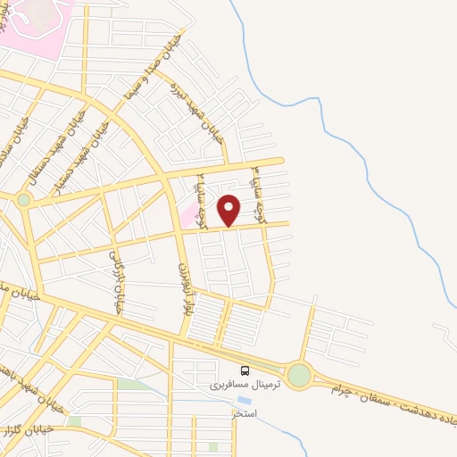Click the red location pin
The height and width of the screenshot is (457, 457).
point(229,210)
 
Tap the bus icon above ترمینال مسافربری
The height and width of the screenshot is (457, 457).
point(245,370)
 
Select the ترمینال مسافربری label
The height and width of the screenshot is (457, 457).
point(245,385)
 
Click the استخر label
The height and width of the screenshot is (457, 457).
point(245,415)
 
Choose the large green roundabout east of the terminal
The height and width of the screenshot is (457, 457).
point(299,376)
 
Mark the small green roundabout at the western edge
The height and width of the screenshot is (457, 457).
point(23,200)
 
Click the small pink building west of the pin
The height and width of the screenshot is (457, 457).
point(187,215)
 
